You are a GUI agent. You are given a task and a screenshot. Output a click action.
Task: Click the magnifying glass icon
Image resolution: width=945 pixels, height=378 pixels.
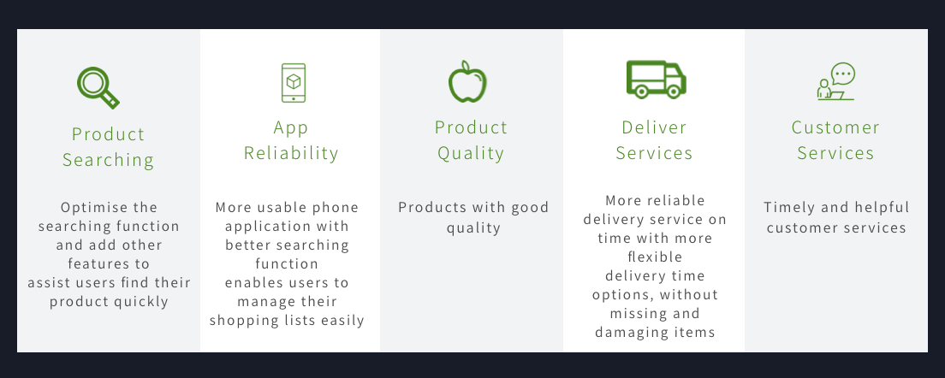98,87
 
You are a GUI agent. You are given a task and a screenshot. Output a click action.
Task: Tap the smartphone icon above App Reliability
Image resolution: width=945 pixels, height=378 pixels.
294,83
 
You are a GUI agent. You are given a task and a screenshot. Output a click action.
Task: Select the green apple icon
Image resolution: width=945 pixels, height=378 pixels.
467,81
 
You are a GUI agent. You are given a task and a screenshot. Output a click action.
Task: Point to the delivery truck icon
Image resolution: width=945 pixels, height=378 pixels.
657,79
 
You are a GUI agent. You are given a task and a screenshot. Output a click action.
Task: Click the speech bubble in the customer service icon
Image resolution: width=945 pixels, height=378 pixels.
843,74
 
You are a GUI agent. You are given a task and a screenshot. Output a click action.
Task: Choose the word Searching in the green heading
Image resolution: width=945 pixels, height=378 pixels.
109,160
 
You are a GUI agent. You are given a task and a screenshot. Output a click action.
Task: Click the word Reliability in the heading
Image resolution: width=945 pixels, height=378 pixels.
291,153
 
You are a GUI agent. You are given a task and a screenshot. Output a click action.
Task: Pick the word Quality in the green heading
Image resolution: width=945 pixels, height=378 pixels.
471,153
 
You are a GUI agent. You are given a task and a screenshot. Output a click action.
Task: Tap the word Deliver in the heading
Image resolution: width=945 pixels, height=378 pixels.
655,127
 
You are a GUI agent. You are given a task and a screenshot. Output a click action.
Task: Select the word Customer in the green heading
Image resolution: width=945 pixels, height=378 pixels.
836,127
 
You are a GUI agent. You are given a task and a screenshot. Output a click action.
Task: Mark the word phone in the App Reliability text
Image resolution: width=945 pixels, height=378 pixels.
339,208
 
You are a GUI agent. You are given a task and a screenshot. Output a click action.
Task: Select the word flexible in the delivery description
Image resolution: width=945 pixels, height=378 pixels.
655,257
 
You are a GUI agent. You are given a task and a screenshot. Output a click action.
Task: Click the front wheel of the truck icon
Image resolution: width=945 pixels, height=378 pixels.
674,91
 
